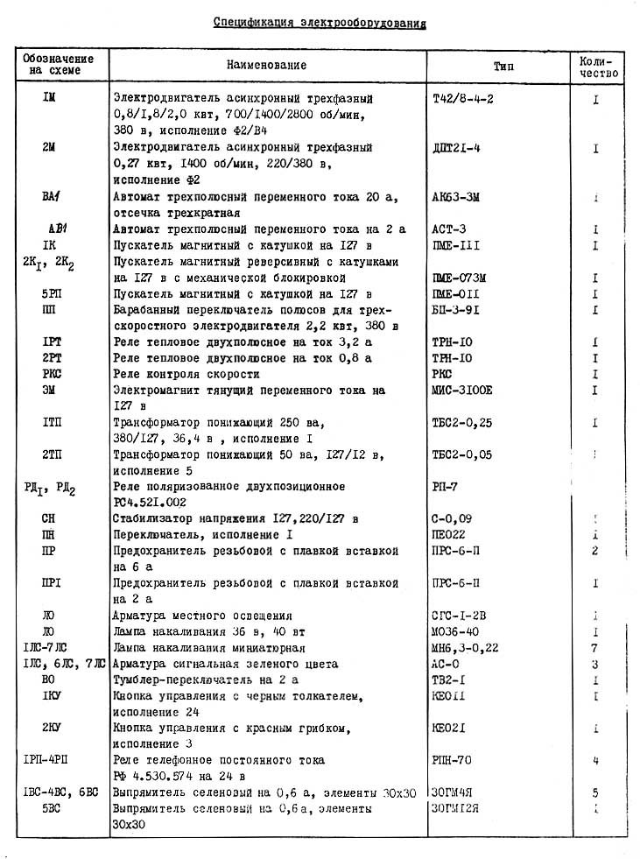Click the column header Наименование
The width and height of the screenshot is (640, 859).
point(267,66)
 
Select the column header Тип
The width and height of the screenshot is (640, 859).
point(504,66)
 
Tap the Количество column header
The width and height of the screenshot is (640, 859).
point(598,66)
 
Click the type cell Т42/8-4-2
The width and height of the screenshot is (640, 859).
point(463,98)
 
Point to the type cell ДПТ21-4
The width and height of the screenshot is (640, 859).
point(457,148)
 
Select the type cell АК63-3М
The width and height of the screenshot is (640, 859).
point(456,198)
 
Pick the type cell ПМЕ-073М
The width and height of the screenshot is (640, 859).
point(459,278)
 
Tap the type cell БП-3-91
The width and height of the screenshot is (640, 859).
point(456,310)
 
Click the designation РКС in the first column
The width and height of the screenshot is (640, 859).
point(50,374)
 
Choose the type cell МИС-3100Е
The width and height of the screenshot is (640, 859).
point(463,390)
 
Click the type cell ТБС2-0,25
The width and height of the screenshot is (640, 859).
point(462,423)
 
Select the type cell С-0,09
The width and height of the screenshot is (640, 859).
point(450,518)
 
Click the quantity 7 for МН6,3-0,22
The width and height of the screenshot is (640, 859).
point(594,648)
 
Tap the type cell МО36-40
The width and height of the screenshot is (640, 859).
point(455,631)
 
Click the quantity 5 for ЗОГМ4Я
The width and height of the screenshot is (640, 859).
point(594,792)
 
